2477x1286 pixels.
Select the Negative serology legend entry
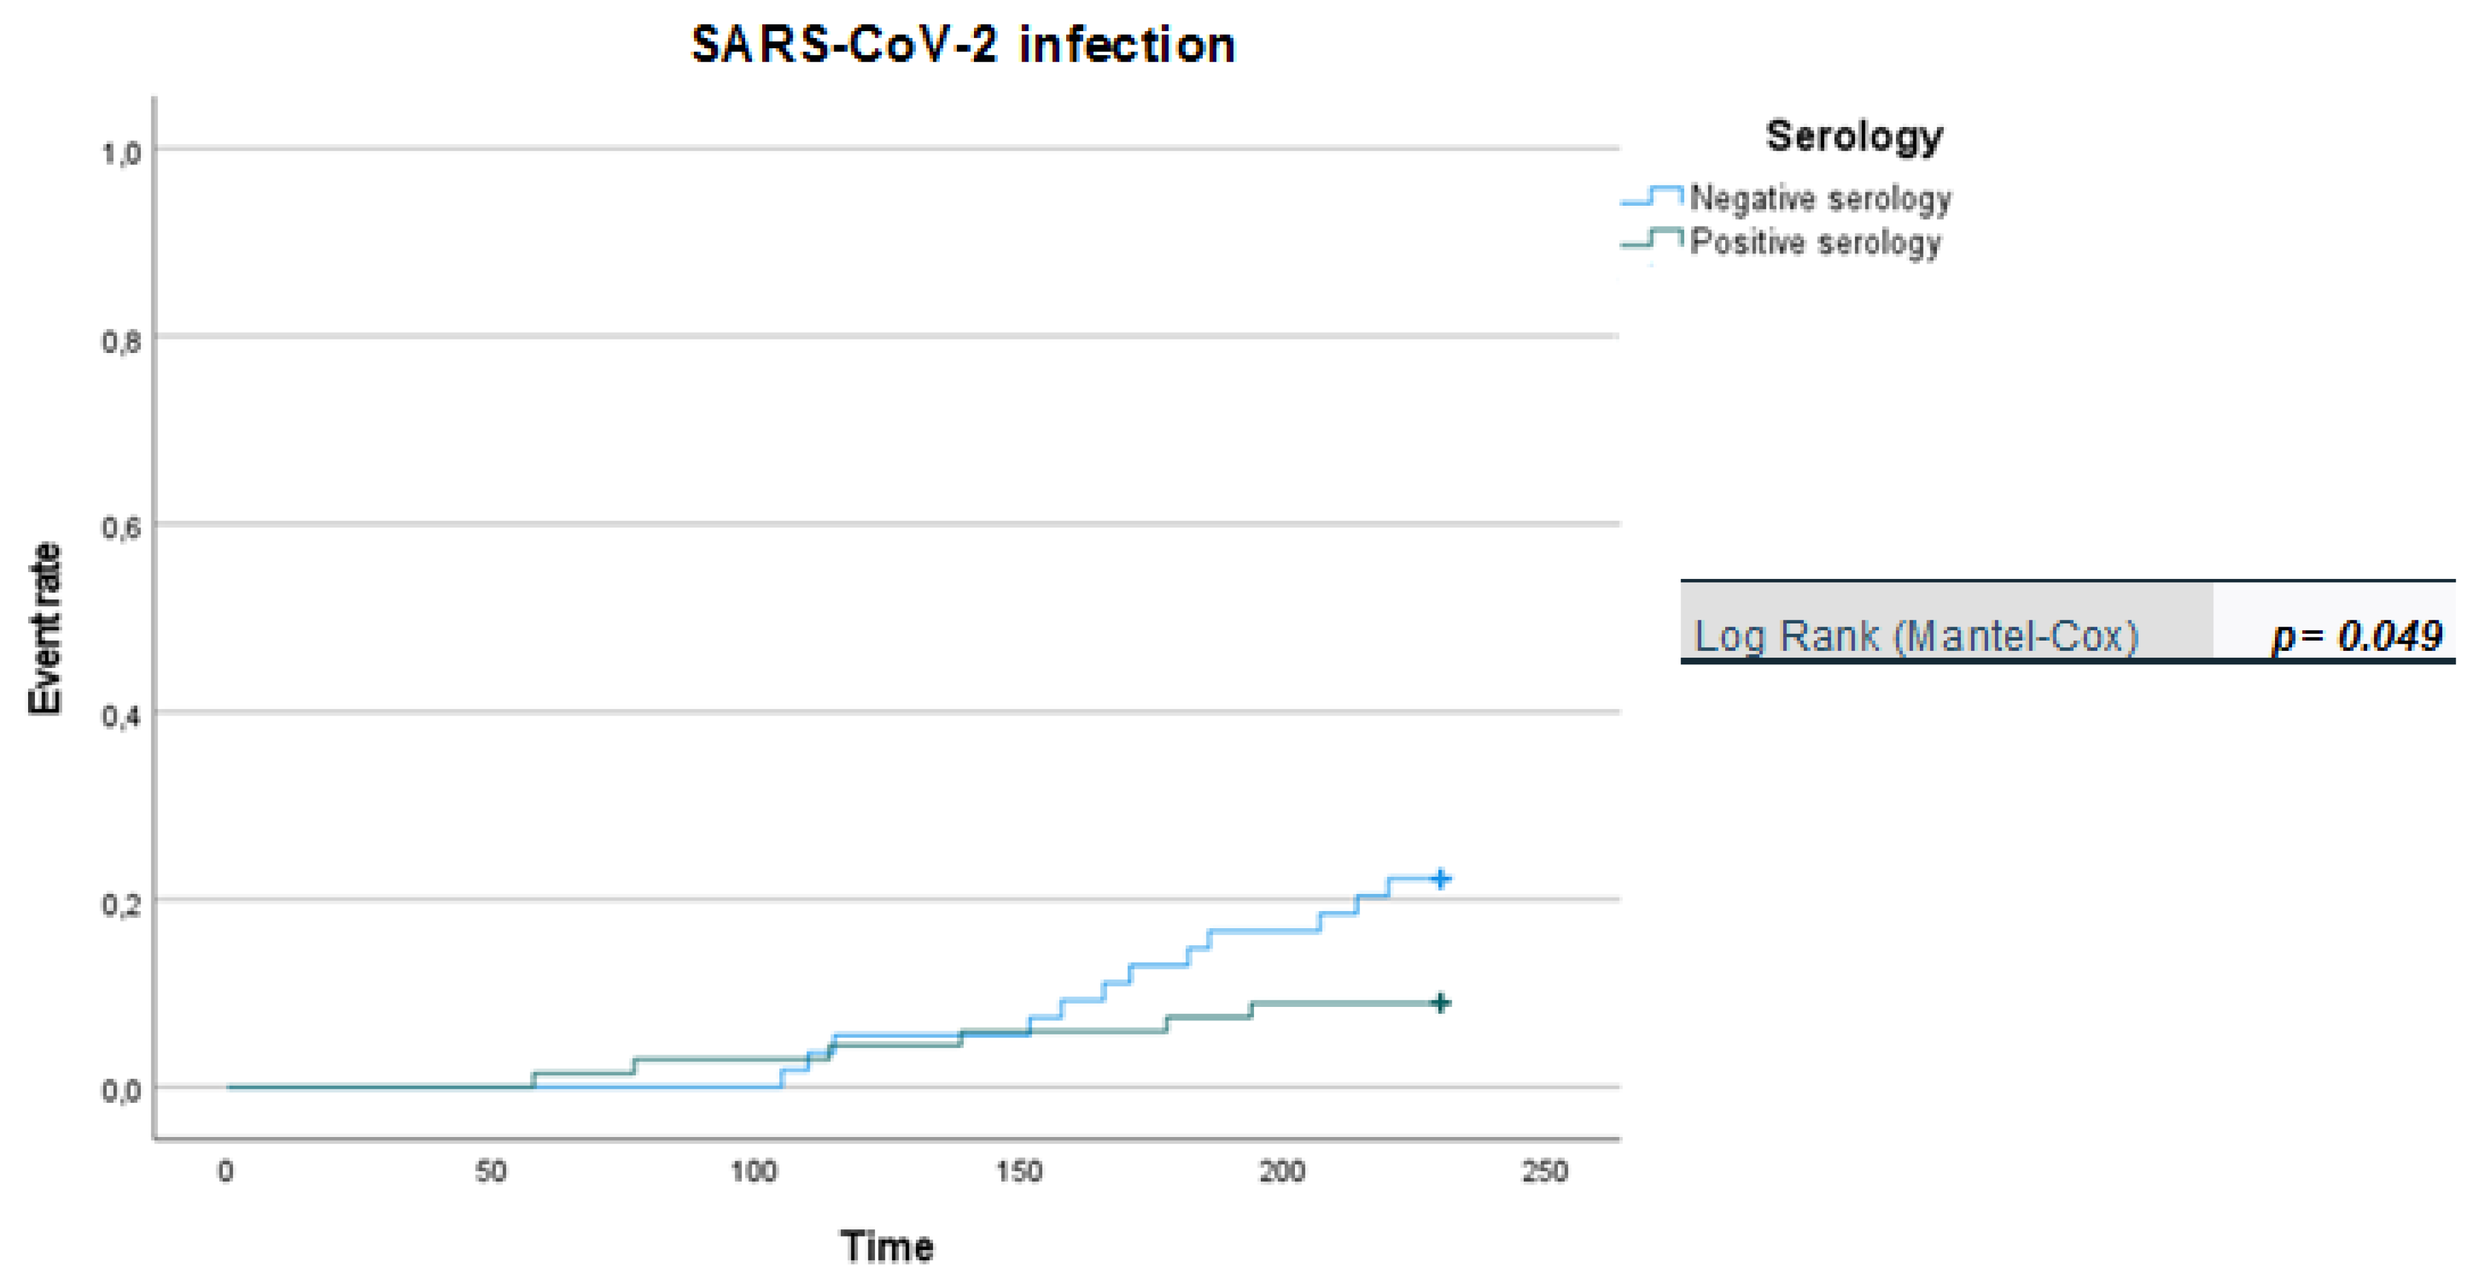(1819, 198)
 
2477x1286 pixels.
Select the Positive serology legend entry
(1814, 241)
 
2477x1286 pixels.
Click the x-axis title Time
(887, 1246)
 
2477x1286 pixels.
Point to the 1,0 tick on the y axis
(121, 152)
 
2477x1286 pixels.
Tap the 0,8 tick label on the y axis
(121, 341)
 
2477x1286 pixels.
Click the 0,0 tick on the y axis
(121, 1091)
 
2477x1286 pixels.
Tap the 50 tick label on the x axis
(491, 1172)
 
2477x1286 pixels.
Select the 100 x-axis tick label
(753, 1172)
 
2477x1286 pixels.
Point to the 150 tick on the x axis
(1019, 1172)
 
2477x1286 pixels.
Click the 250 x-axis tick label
(1545, 1172)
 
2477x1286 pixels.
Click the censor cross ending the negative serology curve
(1440, 878)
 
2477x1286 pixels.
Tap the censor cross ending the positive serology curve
(1440, 1003)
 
